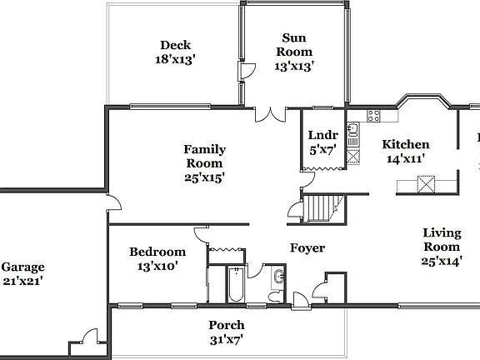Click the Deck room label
pyautogui.click(x=176, y=46)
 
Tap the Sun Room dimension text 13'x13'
pyautogui.click(x=294, y=65)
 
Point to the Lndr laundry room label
pyautogui.click(x=322, y=136)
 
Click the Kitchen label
pyautogui.click(x=407, y=144)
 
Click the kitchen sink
pyautogui.click(x=353, y=129)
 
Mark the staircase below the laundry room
pyautogui.click(x=322, y=206)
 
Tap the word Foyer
pyautogui.click(x=307, y=248)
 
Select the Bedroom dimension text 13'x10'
pyautogui.click(x=157, y=267)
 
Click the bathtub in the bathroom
pyautogui.click(x=236, y=283)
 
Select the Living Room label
pyautogui.click(x=442, y=240)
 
